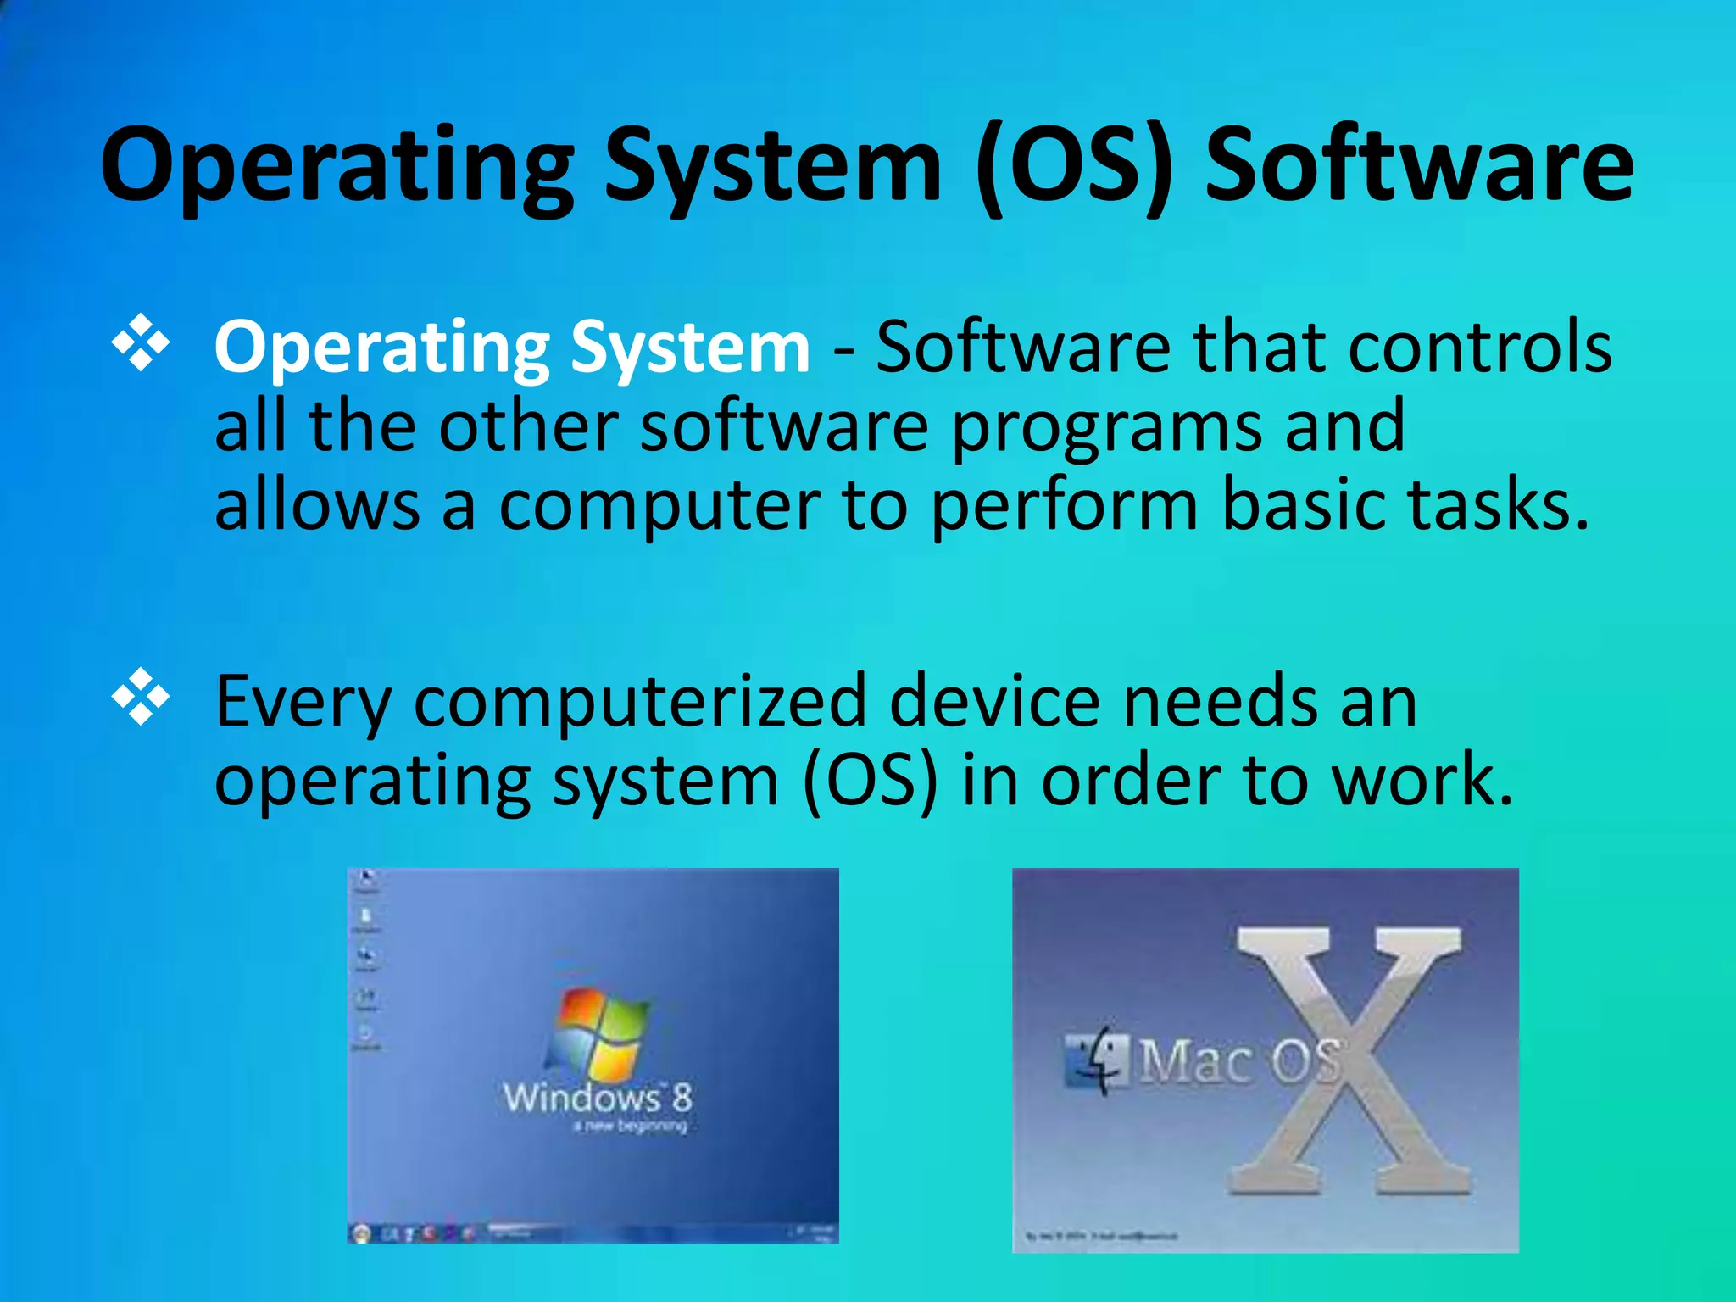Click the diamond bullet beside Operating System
[x=141, y=343]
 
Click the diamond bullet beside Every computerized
[x=141, y=697]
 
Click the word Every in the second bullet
[x=303, y=703]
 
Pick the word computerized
[x=640, y=703]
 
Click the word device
[x=995, y=701]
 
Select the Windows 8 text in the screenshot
[x=598, y=1099]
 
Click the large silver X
[x=1348, y=1060]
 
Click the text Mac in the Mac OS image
[x=1195, y=1061]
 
